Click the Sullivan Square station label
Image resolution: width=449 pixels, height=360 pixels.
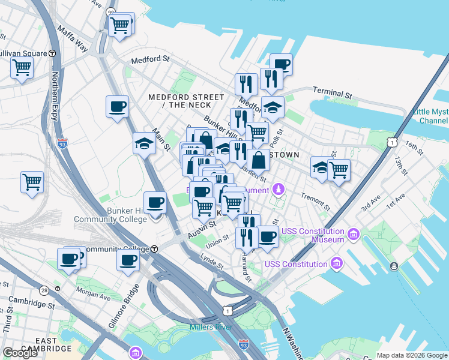point(23,53)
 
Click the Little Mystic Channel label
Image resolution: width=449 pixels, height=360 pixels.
point(430,116)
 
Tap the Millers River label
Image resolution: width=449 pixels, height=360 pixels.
point(211,327)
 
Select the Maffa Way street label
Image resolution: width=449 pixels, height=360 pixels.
point(73,38)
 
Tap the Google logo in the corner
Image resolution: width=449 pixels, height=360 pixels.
point(20,353)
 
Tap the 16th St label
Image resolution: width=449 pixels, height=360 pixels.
point(414,146)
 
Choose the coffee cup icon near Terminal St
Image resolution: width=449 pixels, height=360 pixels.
point(281,64)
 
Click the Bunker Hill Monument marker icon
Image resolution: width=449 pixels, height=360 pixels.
point(277,190)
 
